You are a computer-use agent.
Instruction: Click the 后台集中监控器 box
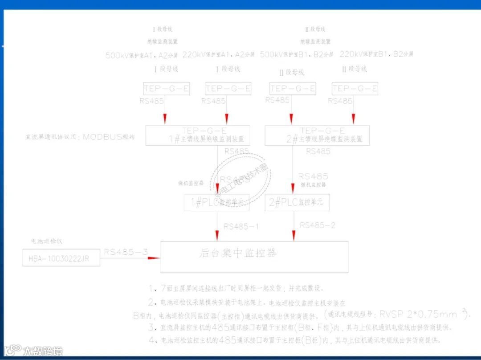click(x=254, y=257)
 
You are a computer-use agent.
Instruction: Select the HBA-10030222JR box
click(x=61, y=258)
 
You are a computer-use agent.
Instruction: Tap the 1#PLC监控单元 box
click(x=217, y=202)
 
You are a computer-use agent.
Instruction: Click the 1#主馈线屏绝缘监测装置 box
click(x=198, y=135)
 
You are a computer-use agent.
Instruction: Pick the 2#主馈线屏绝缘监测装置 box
click(x=317, y=135)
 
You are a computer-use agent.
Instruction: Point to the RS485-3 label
click(x=126, y=252)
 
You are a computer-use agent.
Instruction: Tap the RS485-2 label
click(x=318, y=225)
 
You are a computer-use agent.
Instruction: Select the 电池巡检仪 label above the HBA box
click(x=47, y=241)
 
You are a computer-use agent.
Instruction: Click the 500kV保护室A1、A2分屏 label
click(x=142, y=55)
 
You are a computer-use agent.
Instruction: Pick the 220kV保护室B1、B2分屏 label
click(x=376, y=54)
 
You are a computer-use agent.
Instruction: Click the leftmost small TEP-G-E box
click(x=166, y=88)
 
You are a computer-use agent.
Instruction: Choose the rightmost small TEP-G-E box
click(x=355, y=88)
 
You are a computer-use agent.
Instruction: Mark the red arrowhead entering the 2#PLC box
click(x=293, y=187)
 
